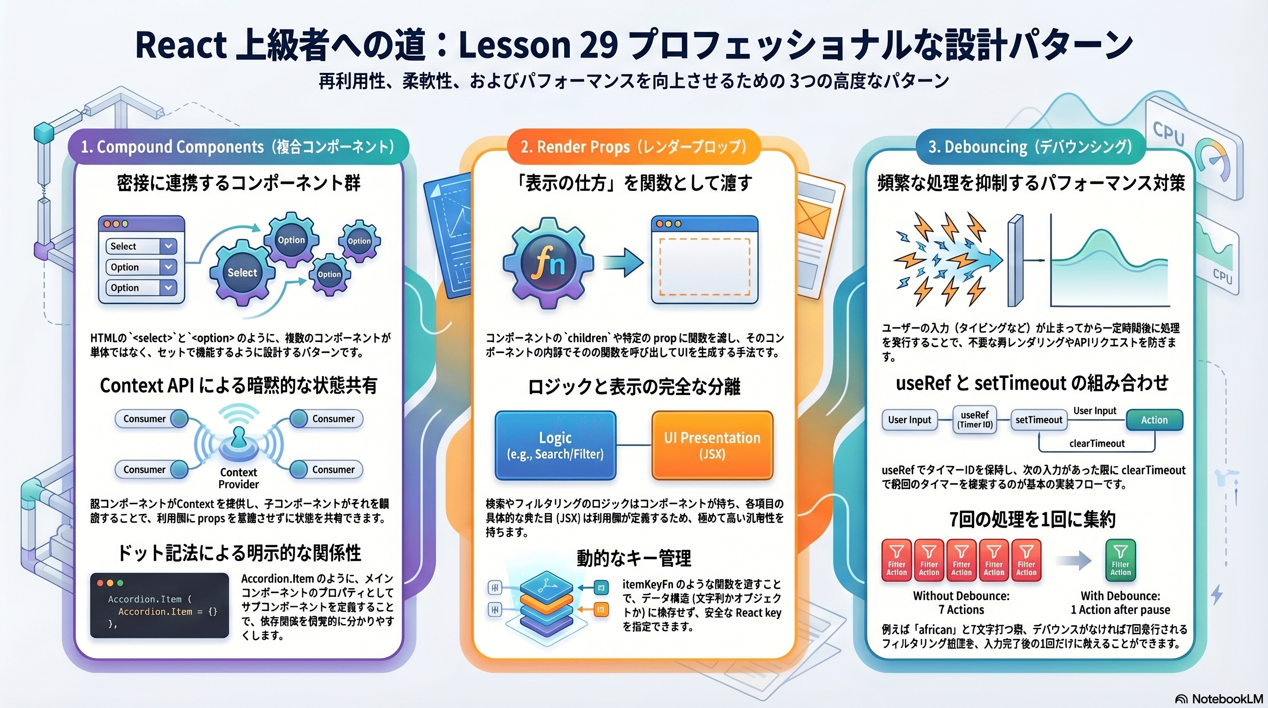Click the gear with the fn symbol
click(x=548, y=263)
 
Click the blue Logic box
click(x=555, y=445)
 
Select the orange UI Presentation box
click(x=712, y=445)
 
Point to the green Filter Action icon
click(x=1121, y=561)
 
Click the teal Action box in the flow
click(x=1154, y=420)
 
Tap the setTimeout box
click(x=1039, y=420)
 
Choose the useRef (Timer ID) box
click(x=974, y=419)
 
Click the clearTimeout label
click(x=1097, y=443)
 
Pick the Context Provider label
click(x=238, y=478)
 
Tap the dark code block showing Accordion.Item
click(x=159, y=606)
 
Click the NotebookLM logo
click(x=1219, y=699)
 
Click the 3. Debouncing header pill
click(x=1030, y=147)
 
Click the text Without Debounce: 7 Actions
click(x=961, y=602)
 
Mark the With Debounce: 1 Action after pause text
click(x=1121, y=602)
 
